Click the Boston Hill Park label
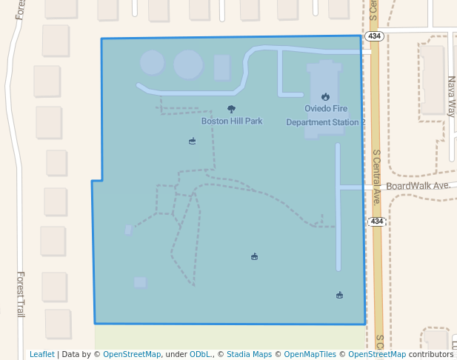(232, 121)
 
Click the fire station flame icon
(325, 97)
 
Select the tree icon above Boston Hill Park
(231, 109)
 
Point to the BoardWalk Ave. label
(418, 185)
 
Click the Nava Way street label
(450, 97)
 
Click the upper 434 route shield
(373, 36)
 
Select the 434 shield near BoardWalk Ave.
(376, 221)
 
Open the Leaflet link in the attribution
(41, 354)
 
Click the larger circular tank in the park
(188, 64)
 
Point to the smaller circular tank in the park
(153, 63)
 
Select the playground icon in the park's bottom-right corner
(339, 295)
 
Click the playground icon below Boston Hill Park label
(193, 141)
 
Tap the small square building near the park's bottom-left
(140, 282)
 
